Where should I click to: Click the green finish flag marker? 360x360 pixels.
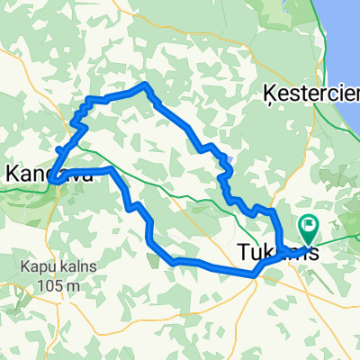(308, 227)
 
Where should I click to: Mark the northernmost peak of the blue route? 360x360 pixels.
(145, 85)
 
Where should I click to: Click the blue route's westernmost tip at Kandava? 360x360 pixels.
(53, 180)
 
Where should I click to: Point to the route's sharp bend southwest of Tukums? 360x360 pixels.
(256, 270)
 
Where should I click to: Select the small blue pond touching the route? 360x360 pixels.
(230, 163)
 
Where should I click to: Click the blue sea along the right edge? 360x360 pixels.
(346, 54)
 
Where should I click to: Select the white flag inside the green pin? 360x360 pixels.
(309, 225)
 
